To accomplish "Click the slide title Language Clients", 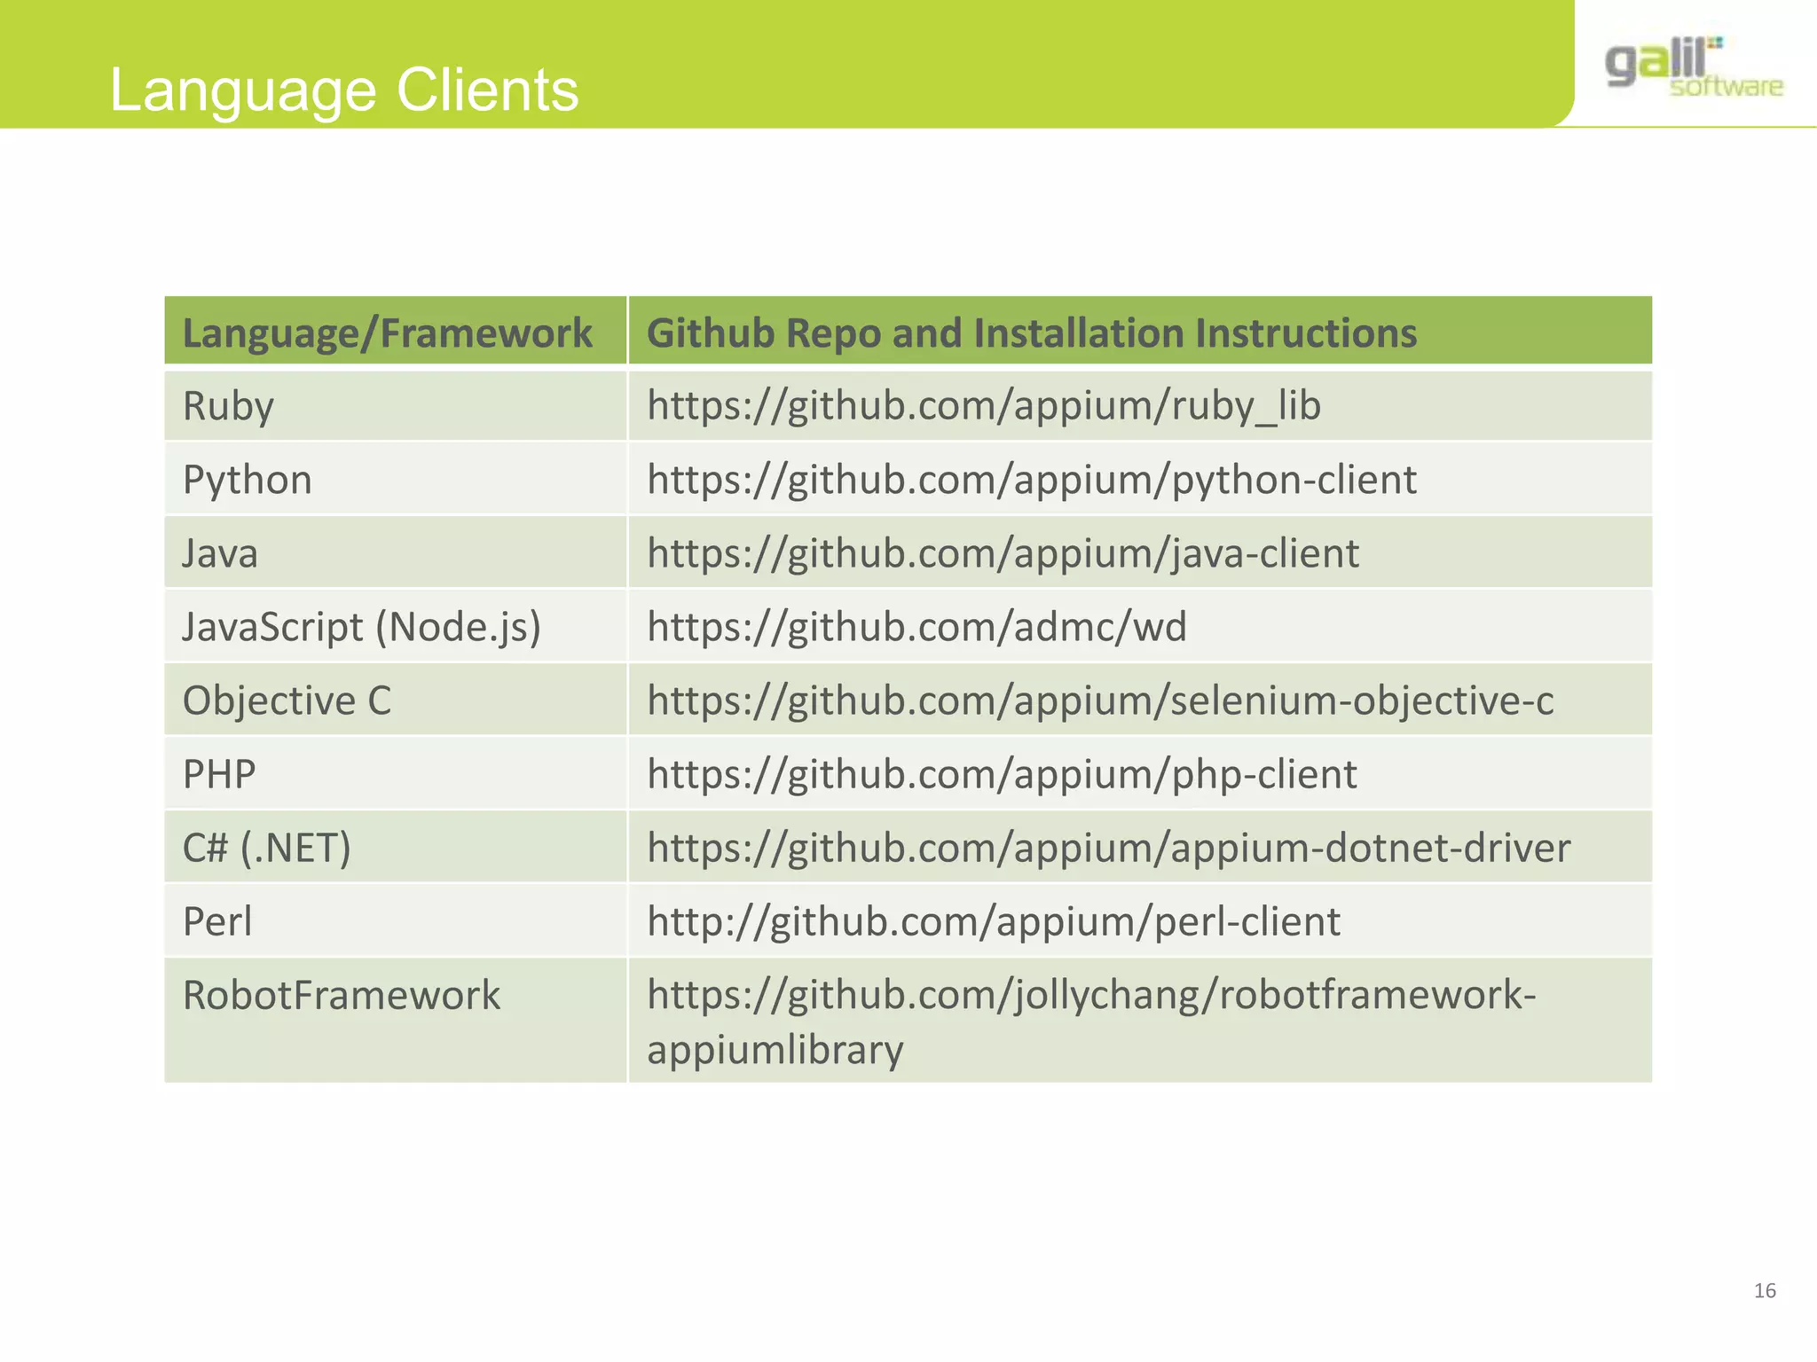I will (344, 90).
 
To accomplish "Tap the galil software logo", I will (1694, 67).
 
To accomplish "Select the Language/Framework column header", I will (387, 333).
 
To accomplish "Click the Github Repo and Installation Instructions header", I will (1031, 333).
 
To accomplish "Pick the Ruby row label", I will (228, 406).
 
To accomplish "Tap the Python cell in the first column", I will (247, 480).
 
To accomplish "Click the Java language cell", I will (220, 553).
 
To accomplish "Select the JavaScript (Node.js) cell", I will (361, 627).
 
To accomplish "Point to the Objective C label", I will (287, 701).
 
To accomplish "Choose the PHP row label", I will (219, 774).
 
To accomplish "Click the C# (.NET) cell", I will (266, 848).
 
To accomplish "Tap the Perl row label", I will (217, 921).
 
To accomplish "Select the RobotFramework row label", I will (341, 995).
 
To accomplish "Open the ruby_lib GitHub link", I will (983, 406).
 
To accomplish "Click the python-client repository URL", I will (1031, 480).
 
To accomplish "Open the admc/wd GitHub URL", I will (916, 627).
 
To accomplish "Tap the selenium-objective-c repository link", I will (1099, 701).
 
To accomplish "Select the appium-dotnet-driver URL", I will (1108, 848).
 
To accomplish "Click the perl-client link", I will (993, 921).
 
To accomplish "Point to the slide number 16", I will (1765, 1291).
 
